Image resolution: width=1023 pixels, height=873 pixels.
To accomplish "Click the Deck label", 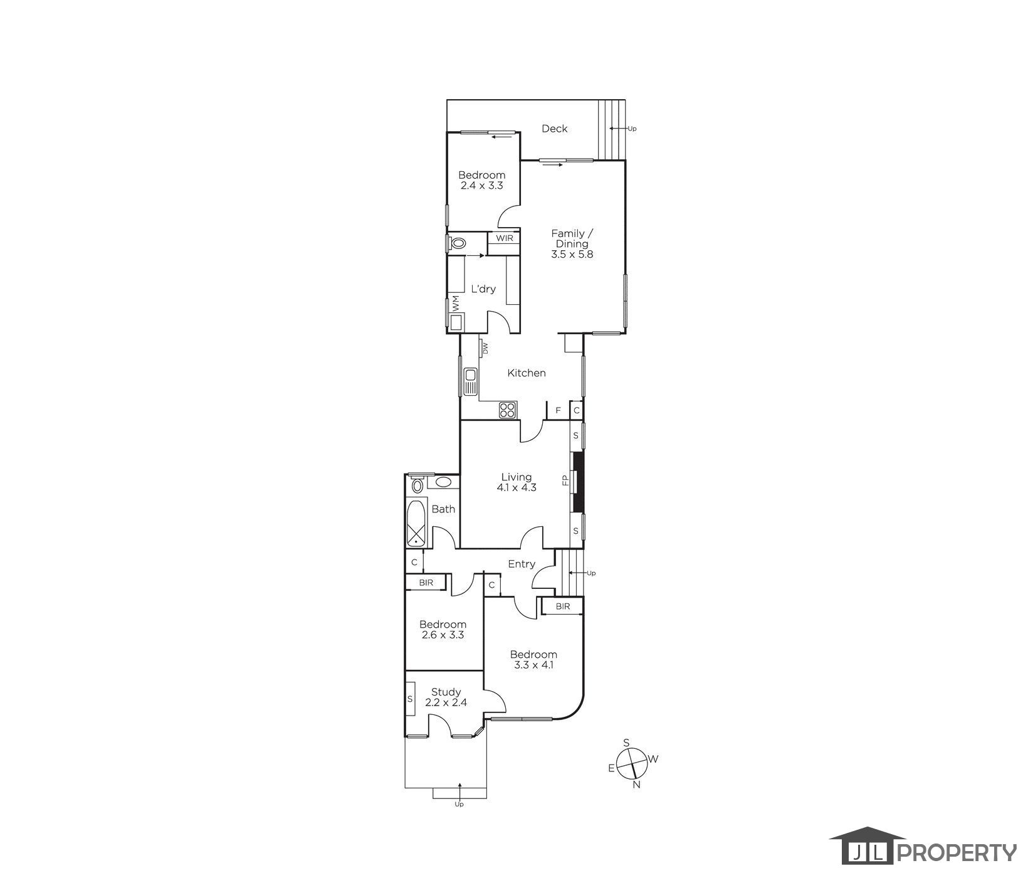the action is click(554, 129).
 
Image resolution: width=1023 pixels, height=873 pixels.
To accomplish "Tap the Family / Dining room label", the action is click(572, 244).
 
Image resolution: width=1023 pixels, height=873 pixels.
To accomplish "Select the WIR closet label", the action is click(505, 238).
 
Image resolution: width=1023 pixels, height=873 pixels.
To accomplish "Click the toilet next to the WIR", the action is click(458, 243).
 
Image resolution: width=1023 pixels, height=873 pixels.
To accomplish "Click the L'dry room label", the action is click(483, 289).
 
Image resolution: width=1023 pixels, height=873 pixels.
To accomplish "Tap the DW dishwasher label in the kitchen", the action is click(485, 349).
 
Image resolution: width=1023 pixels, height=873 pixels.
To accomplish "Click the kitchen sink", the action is click(470, 382).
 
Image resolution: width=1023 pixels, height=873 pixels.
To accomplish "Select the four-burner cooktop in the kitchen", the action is click(507, 410).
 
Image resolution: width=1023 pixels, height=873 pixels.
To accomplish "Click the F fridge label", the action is click(558, 411).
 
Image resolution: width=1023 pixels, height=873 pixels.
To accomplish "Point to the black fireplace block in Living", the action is click(579, 481).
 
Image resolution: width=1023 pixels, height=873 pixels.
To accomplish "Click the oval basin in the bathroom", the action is click(443, 482).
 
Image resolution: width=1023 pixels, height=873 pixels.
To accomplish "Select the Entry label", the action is click(522, 564).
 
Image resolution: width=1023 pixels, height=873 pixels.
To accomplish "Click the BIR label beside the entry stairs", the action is click(562, 606).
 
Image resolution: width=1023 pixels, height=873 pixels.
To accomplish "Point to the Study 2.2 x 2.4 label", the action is click(446, 697).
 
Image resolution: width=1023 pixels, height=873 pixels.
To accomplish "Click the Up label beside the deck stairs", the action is click(632, 129).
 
